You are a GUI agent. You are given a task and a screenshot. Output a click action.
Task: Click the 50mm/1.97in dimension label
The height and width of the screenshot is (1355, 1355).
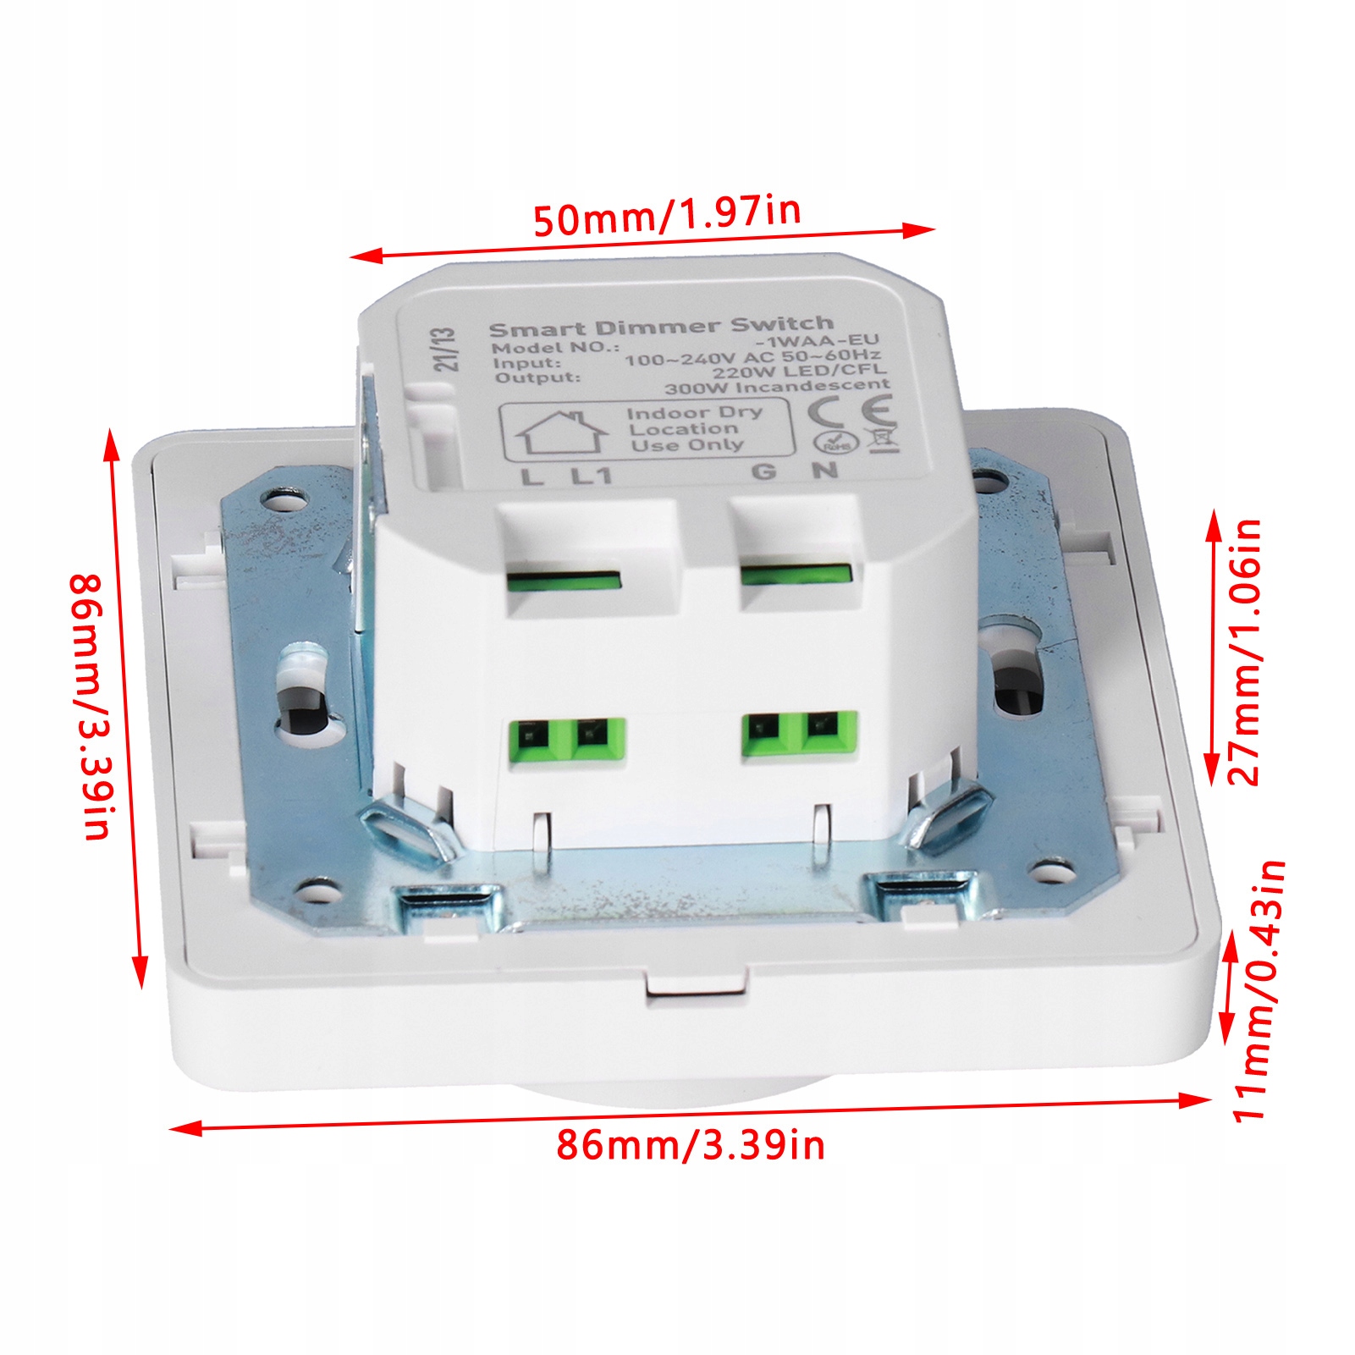(667, 216)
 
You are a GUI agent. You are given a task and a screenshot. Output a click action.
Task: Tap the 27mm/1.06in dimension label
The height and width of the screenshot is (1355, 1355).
(1244, 652)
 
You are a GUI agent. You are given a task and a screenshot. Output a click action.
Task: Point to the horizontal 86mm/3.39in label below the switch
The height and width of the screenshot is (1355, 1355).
(690, 1146)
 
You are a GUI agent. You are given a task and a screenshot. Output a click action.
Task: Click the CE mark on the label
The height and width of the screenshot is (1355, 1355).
(851, 412)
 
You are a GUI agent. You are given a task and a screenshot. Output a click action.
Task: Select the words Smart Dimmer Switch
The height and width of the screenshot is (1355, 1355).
(661, 327)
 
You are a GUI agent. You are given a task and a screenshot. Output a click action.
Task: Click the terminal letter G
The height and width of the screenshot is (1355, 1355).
(763, 471)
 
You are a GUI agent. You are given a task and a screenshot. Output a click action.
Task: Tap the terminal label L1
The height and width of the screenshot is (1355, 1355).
(591, 476)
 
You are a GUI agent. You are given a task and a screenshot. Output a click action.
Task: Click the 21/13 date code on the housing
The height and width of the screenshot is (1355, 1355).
(445, 350)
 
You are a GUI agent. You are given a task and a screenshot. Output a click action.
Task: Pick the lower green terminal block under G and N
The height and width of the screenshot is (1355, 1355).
(800, 734)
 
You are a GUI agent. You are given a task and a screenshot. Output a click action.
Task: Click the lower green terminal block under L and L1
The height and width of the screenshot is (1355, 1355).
(566, 740)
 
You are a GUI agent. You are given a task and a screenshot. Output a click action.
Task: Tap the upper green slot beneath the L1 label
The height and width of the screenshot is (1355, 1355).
(564, 581)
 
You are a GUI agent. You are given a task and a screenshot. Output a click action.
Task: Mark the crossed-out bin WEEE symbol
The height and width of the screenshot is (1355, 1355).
(884, 439)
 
